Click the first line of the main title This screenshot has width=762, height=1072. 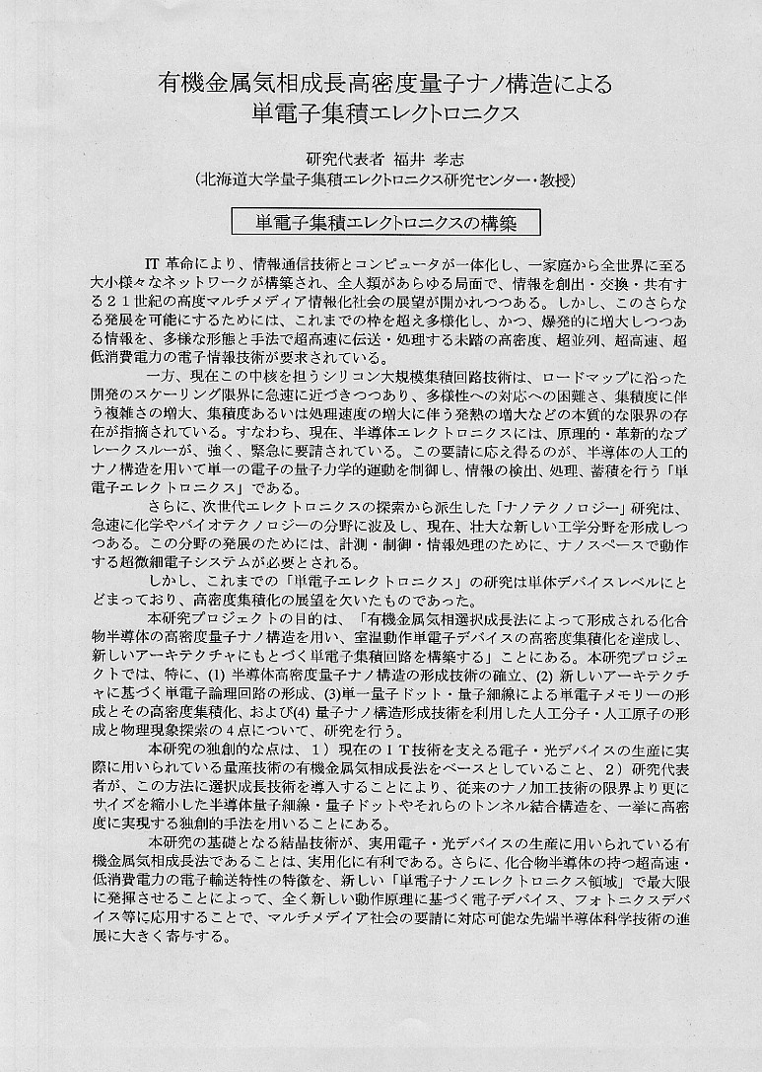coord(384,84)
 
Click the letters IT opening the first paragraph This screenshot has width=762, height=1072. coord(152,264)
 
